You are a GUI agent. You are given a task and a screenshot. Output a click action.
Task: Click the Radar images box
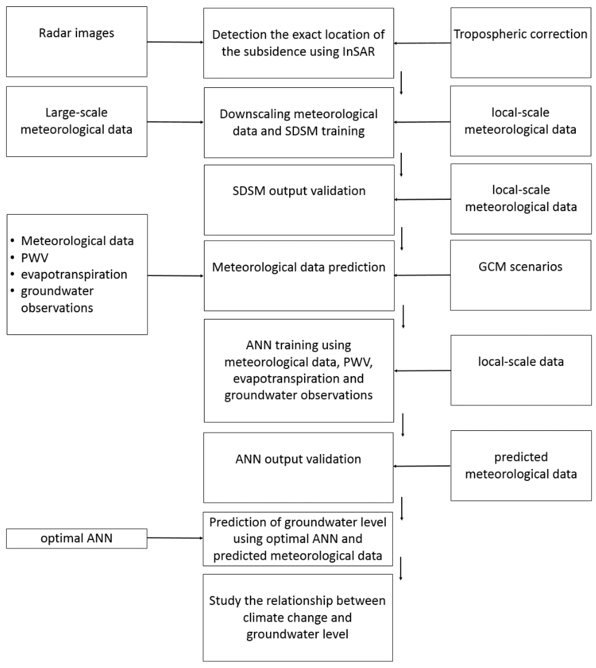pyautogui.click(x=77, y=42)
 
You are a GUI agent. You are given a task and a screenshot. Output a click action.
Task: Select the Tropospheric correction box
pyautogui.click(x=521, y=43)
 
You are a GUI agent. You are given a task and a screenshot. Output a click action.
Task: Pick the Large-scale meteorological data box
pyautogui.click(x=77, y=121)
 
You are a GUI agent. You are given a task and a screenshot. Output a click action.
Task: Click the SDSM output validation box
pyautogui.click(x=299, y=200)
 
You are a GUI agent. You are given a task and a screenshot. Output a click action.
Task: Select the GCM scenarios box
pyautogui.click(x=521, y=275)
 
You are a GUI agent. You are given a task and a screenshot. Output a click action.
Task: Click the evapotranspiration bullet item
pyautogui.click(x=74, y=274)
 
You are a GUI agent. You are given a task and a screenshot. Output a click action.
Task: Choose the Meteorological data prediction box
pyautogui.click(x=299, y=276)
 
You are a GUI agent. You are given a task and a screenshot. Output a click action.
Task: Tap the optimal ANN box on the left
pyautogui.click(x=77, y=538)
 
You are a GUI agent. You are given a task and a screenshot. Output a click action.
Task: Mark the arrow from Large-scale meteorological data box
pyautogui.click(x=175, y=122)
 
